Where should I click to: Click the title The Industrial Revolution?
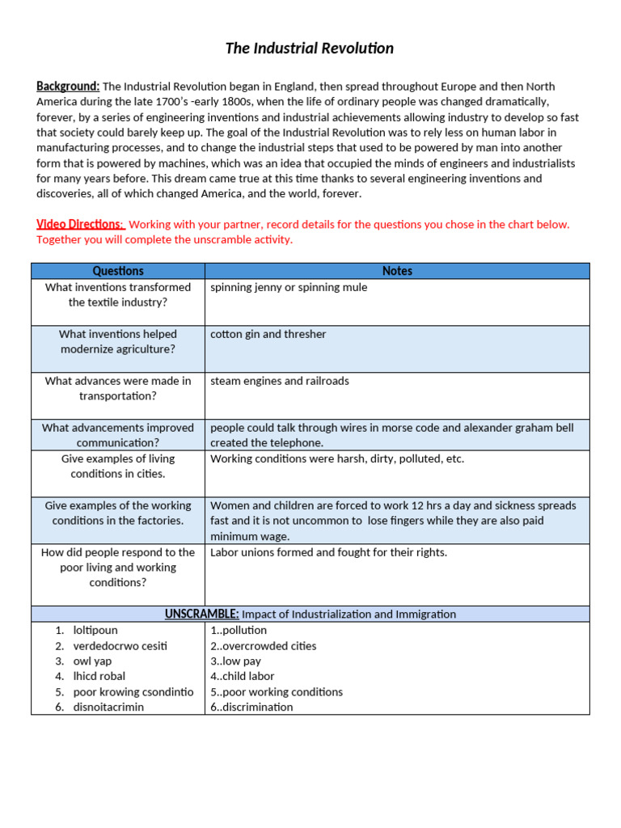coord(310,49)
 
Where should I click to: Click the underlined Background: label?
coord(68,87)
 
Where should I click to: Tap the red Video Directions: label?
coord(80,224)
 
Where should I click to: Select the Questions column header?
coord(118,271)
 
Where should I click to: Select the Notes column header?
coord(397,271)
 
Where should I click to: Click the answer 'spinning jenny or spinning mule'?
coord(289,287)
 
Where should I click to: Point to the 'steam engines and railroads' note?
coord(280,381)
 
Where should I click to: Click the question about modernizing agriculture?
coord(118,341)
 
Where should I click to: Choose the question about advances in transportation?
coord(118,388)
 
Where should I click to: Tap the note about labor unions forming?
coord(328,552)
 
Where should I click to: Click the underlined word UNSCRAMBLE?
coord(201,615)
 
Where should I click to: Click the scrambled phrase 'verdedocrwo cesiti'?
coord(120,645)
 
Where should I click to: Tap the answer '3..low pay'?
coord(235,661)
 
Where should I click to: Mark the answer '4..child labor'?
coord(243,676)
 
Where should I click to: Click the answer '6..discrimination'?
coord(251,707)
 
